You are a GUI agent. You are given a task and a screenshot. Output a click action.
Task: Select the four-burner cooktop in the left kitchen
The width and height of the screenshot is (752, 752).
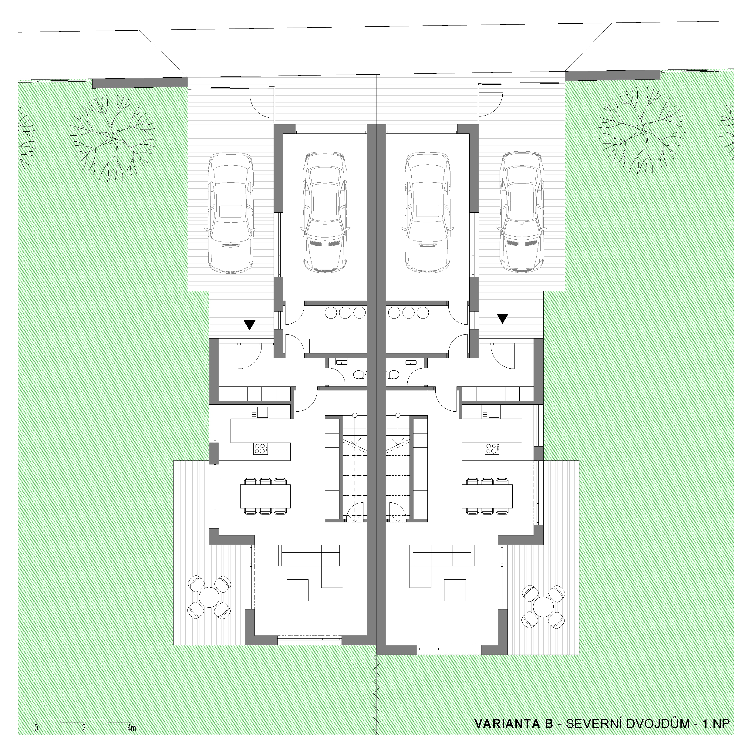[261, 448]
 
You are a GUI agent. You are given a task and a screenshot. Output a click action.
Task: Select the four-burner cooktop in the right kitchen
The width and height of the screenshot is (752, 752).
[492, 448]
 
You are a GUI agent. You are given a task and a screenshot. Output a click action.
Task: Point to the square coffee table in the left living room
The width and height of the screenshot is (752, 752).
[298, 590]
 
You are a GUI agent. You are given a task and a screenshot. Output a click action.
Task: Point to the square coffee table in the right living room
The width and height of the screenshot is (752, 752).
[455, 590]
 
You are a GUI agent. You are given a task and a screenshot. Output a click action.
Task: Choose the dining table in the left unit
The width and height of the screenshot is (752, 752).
[265, 496]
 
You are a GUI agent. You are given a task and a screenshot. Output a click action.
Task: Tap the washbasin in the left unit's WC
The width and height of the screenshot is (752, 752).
[341, 363]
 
